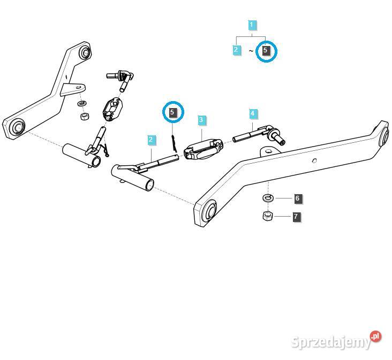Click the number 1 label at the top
(x=252, y=25)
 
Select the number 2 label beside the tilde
(x=236, y=50)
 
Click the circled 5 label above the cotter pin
(x=172, y=112)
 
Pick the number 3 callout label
(x=201, y=119)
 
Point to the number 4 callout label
(x=253, y=113)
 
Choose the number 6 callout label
(x=297, y=198)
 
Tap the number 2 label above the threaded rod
(x=152, y=140)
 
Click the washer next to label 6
(x=268, y=198)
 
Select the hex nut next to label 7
(x=268, y=216)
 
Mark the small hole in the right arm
(x=315, y=160)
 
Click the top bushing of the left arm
(x=85, y=52)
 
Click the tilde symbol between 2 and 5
(x=251, y=51)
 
